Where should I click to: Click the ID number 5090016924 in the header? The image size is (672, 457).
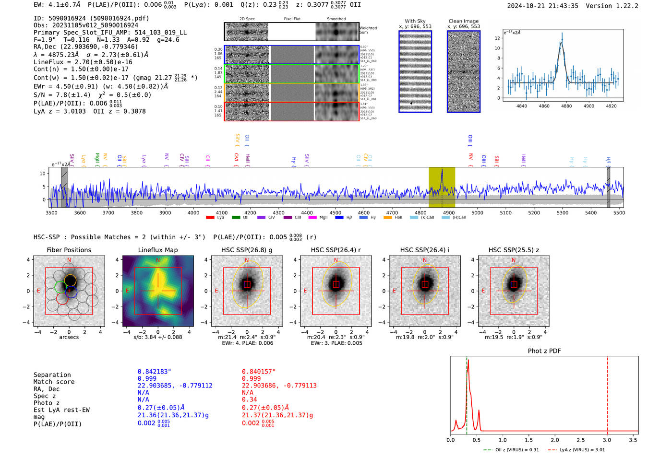coord(67,18)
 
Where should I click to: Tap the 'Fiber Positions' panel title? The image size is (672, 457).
coord(69,250)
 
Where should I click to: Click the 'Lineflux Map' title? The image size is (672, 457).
coord(158,250)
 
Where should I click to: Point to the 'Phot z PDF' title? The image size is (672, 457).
coord(544,351)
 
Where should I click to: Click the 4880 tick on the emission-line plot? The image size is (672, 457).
coord(566,106)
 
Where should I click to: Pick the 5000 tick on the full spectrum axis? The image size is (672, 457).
coord(477,212)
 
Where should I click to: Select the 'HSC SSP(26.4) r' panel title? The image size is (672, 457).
coord(336,250)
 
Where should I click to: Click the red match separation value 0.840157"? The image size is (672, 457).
coord(259,372)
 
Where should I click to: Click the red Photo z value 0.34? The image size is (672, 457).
coord(249,399)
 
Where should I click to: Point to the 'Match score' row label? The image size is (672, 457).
coord(54,382)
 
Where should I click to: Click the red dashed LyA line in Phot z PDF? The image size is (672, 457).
coord(608,393)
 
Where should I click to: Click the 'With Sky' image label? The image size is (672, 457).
coord(415,21)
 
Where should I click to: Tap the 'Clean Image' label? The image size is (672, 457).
coord(463,21)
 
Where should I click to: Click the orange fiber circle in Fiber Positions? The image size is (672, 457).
coord(70,280)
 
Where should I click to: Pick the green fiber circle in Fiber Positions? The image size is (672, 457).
coord(60,287)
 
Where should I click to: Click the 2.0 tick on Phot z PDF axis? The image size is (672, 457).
coord(555,440)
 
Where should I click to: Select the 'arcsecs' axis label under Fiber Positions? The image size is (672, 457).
coord(69,337)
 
